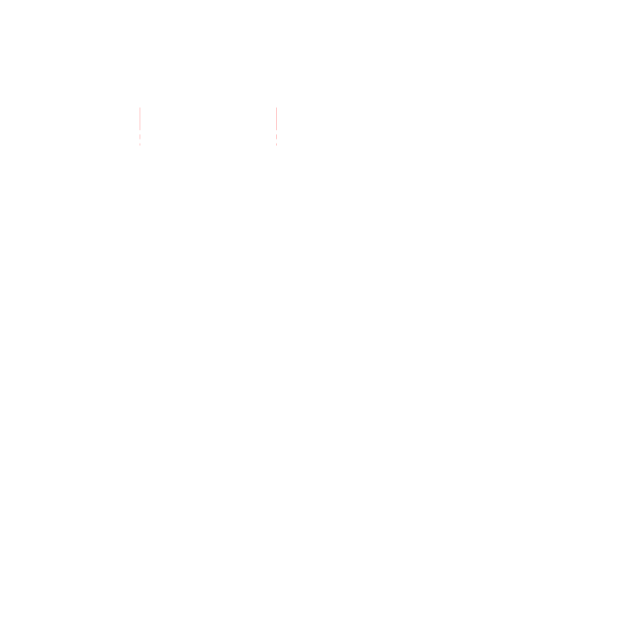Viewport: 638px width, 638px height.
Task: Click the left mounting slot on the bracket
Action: [x=140, y=126]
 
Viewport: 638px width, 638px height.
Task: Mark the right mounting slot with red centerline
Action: [x=276, y=126]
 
